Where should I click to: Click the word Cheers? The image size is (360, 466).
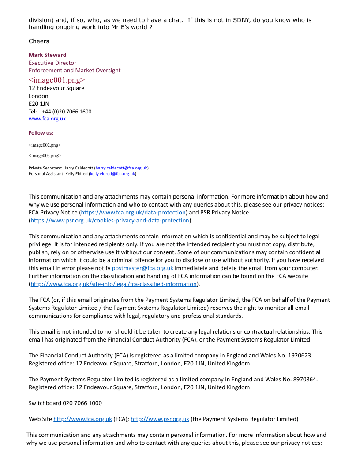(39, 41)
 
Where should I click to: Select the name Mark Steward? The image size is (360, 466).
(48, 55)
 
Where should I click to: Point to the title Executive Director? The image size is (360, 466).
(52, 63)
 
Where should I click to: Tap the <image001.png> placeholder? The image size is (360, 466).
(57, 80)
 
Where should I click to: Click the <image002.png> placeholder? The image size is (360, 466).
(45, 145)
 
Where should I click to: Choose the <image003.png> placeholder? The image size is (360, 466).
(45, 156)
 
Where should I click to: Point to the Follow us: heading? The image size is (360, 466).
(41, 133)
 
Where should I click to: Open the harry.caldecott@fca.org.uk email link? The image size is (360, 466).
(121, 168)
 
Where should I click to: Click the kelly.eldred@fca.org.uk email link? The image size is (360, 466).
(112, 174)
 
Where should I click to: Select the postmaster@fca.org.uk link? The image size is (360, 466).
(142, 268)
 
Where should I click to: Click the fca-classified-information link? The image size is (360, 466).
(114, 284)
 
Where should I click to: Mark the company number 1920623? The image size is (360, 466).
(301, 355)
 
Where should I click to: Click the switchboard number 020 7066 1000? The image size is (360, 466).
(82, 403)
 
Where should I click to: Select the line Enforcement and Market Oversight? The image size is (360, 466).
(75, 71)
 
